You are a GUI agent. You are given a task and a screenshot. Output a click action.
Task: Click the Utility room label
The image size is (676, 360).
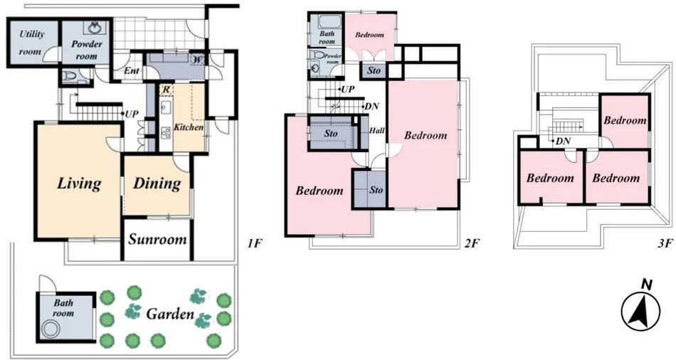pos(31,43)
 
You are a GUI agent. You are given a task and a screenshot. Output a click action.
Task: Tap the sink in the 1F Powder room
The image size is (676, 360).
pos(95,28)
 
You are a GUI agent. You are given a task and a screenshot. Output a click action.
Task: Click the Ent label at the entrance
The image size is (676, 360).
pos(131,70)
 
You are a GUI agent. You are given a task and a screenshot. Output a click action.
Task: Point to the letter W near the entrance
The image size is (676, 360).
pos(197,59)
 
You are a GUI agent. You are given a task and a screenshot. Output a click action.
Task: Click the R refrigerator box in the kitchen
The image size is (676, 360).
pos(166,90)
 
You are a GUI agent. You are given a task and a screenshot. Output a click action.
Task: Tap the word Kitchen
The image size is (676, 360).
pos(189,127)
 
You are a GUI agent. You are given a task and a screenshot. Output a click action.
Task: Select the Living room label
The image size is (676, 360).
pos(79,184)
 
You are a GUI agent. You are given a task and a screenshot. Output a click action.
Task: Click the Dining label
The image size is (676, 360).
pos(157,184)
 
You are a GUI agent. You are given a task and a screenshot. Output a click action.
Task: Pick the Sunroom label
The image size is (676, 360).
pos(157,239)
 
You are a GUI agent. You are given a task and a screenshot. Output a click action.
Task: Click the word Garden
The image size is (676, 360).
pos(170,314)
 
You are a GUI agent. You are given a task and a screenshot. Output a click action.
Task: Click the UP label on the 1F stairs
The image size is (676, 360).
pos(132,115)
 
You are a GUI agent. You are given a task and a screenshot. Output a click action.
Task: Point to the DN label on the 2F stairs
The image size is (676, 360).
pos(371,107)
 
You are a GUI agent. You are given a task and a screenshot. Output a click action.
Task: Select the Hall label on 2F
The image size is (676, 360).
pos(377,131)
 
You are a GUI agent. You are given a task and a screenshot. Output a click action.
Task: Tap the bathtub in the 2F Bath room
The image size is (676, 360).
pos(330,21)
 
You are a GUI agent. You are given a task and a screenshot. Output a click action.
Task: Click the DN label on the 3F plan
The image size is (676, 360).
pos(563,141)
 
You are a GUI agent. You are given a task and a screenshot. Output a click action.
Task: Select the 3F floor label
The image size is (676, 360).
pos(665,244)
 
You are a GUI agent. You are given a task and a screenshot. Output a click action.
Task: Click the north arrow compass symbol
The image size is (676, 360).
pos(640,309)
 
